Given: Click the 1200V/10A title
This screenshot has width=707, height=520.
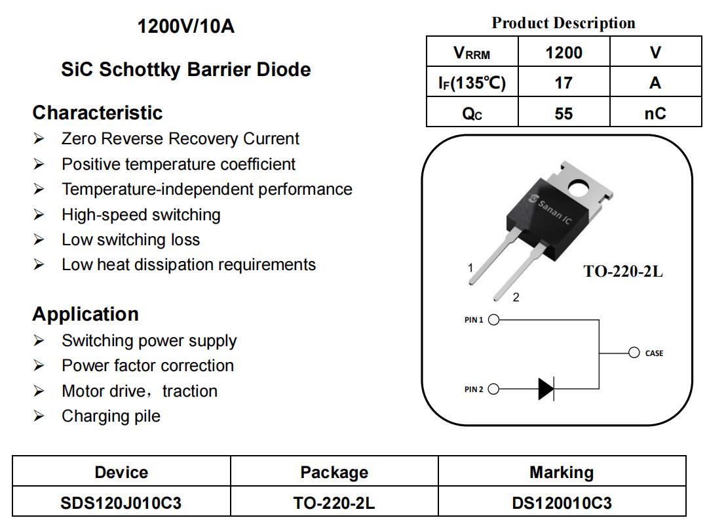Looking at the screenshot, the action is pyautogui.click(x=186, y=26).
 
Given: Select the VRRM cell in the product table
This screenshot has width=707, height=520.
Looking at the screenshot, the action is pyautogui.click(x=472, y=53).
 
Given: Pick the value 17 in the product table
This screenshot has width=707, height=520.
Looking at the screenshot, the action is pyautogui.click(x=564, y=83).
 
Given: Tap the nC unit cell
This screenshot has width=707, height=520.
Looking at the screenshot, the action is pyautogui.click(x=655, y=113).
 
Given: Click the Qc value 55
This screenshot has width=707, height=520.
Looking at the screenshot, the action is pyautogui.click(x=564, y=113).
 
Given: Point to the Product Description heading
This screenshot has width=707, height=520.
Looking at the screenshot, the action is pyautogui.click(x=564, y=22).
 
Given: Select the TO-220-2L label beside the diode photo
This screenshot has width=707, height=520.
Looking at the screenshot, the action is pyautogui.click(x=623, y=271).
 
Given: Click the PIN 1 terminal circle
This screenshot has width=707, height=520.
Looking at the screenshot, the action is pyautogui.click(x=494, y=319).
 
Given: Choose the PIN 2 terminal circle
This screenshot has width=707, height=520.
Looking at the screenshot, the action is pyautogui.click(x=494, y=389).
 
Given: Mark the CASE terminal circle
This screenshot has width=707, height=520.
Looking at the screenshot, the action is pyautogui.click(x=634, y=353).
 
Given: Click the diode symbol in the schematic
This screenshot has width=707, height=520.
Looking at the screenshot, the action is pyautogui.click(x=546, y=389).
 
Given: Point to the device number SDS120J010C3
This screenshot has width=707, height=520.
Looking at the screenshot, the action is pyautogui.click(x=121, y=503).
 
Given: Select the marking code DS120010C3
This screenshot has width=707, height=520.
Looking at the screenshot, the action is pyautogui.click(x=562, y=503).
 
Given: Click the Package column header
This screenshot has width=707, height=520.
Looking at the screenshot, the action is pyautogui.click(x=334, y=472).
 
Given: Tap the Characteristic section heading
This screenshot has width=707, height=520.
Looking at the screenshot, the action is pyautogui.click(x=98, y=112).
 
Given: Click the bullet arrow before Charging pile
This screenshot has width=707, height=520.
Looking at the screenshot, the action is pyautogui.click(x=39, y=416).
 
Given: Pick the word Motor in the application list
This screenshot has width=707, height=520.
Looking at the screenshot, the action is pyautogui.click(x=84, y=391).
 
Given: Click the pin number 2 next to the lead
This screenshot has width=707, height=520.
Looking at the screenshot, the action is pyautogui.click(x=516, y=297).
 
